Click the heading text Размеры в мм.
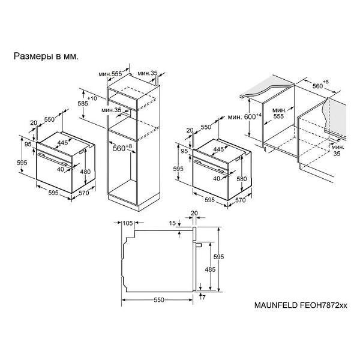[x=46, y=56]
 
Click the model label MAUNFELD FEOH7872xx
[x=301, y=305]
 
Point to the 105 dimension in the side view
[x=128, y=223]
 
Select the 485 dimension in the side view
[x=210, y=269]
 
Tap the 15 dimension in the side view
[x=172, y=223]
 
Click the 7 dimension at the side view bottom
[x=203, y=298]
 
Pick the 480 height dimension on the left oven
[x=85, y=172]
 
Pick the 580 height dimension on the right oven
[x=242, y=178]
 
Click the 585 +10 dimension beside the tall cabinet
[x=87, y=101]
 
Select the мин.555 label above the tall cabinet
[x=110, y=74]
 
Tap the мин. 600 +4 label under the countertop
[x=245, y=116]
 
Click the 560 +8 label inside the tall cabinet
[x=122, y=148]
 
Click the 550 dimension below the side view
[x=159, y=300]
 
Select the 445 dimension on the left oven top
[x=62, y=143]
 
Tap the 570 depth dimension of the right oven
[x=241, y=200]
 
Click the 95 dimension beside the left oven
[x=28, y=145]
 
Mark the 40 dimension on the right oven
[x=217, y=178]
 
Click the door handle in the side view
[x=199, y=245]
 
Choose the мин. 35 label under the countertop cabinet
[x=338, y=150]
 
